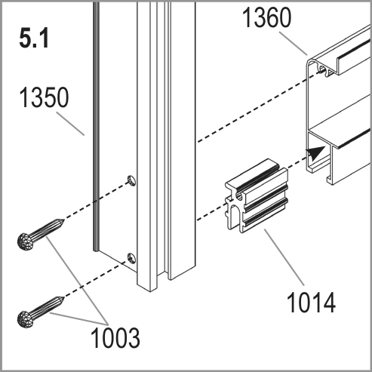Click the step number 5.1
pyautogui.click(x=34, y=38)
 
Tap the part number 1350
pyautogui.click(x=44, y=97)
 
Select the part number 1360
pyautogui.click(x=266, y=17)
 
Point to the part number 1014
pyautogui.click(x=311, y=302)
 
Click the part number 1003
pyautogui.click(x=115, y=337)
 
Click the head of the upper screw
pyautogui.click(x=26, y=241)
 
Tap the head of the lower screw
pyautogui.click(x=26, y=319)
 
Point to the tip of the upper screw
pyautogui.click(x=64, y=220)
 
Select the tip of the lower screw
pyautogui.click(x=64, y=298)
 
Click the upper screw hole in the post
pyautogui.click(x=131, y=180)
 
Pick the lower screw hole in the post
pyautogui.click(x=131, y=258)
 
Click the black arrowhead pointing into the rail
pyautogui.click(x=315, y=152)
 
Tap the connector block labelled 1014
pyautogui.click(x=257, y=196)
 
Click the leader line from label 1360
pyautogui.click(x=294, y=43)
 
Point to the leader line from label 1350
pyautogui.click(x=70, y=124)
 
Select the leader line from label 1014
pyautogui.click(x=284, y=257)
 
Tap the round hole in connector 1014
pyautogui.click(x=239, y=196)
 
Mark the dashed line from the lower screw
pyautogui.click(x=95, y=280)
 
